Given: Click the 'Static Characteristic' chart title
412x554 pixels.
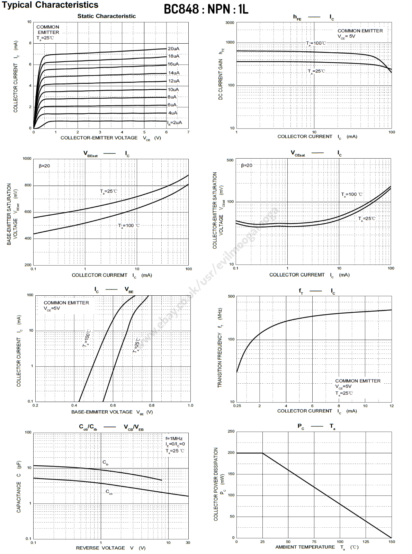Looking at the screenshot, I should pyautogui.click(x=106, y=16).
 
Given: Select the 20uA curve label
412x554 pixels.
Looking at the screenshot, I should pyautogui.click(x=173, y=49).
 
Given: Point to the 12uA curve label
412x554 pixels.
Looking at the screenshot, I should pyautogui.click(x=174, y=81).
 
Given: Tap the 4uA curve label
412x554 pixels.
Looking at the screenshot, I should pyautogui.click(x=173, y=113).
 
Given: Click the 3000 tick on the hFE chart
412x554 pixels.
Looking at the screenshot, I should pyautogui.click(x=230, y=23).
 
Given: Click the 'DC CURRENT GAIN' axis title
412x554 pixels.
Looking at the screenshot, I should pyautogui.click(x=221, y=79).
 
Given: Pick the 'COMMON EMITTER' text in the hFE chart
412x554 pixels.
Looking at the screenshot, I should pyautogui.click(x=360, y=31).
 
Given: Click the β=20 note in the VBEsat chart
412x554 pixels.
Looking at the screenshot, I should pyautogui.click(x=44, y=166).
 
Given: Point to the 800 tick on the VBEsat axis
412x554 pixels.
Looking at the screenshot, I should pyautogui.click(x=28, y=185).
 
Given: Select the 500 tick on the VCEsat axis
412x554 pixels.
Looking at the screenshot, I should pyautogui.click(x=230, y=160).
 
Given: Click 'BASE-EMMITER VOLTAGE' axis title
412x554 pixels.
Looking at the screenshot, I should pyautogui.click(x=102, y=412).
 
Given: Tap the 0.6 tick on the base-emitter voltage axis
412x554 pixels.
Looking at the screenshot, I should pyautogui.click(x=113, y=405).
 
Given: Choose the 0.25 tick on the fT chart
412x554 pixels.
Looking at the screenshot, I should pyautogui.click(x=237, y=406).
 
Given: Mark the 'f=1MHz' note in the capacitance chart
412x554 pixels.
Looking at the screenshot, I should pyautogui.click(x=174, y=439).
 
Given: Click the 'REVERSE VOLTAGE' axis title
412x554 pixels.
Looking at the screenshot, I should pyautogui.click(x=100, y=548).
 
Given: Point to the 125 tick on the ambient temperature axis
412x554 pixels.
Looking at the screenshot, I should pyautogui.click(x=366, y=542).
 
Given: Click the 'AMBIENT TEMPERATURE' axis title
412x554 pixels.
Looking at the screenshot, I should pyautogui.click(x=305, y=547).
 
